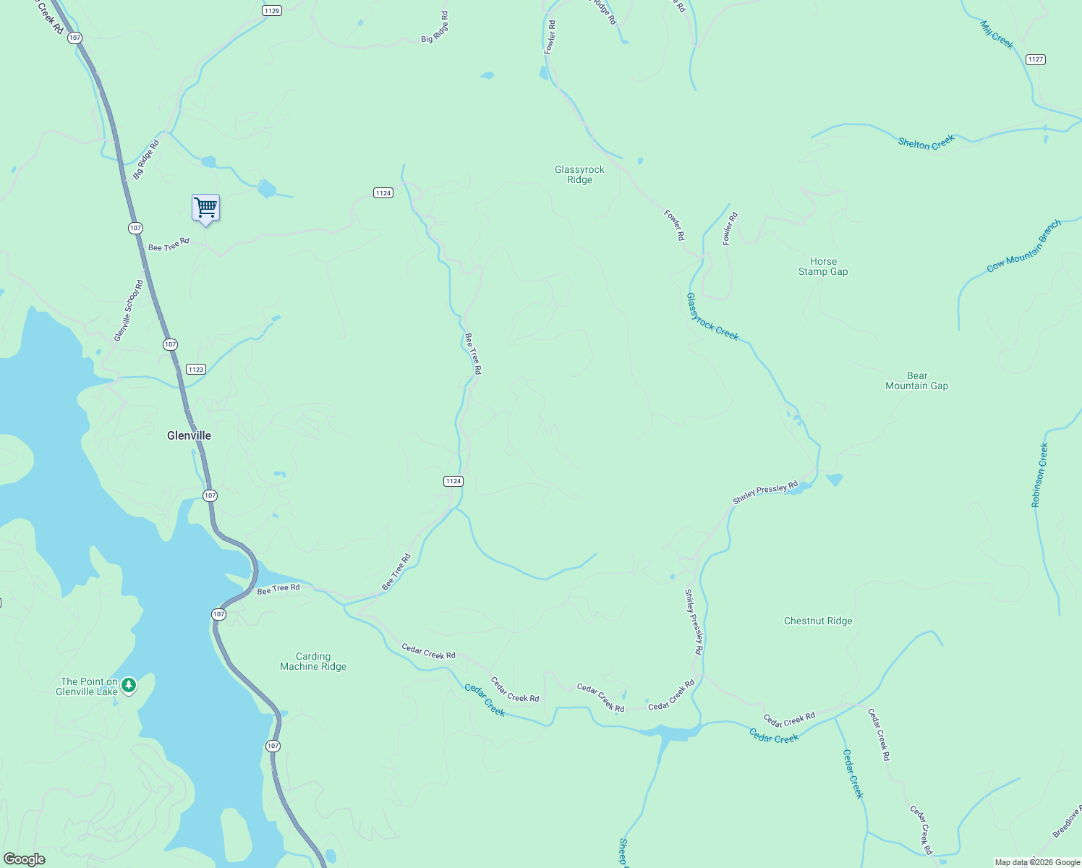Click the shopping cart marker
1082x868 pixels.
click(206, 208)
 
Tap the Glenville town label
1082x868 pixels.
click(189, 435)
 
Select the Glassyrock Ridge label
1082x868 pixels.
click(579, 174)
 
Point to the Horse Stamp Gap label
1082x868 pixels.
click(823, 266)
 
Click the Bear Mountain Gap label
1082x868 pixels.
click(916, 380)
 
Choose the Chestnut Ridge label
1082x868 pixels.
click(818, 621)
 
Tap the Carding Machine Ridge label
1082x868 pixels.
click(313, 661)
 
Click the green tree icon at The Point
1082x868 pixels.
click(129, 684)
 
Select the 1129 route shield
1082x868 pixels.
click(272, 10)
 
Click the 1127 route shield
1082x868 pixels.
click(1036, 59)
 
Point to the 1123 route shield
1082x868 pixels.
click(195, 369)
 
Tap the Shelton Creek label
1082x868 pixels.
click(926, 142)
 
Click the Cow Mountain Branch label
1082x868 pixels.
click(1023, 246)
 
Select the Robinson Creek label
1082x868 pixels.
click(1039, 475)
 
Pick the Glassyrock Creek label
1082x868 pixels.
click(712, 317)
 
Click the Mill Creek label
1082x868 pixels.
click(997, 35)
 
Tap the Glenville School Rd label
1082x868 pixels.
click(129, 311)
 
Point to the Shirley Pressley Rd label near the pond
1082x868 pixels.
click(764, 493)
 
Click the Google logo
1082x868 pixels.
click(25, 859)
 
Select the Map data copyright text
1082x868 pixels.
click(1037, 862)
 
